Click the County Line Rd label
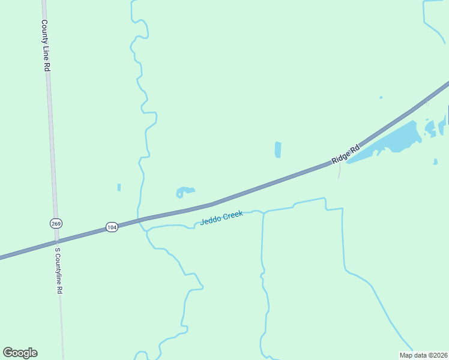45,46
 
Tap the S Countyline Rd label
58,271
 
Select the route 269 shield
55,223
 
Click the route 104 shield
112,227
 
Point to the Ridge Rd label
346,154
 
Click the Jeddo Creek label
221,217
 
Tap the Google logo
20,353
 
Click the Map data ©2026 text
423,355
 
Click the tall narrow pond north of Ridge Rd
278,149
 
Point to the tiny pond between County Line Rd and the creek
119,187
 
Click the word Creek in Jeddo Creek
233,215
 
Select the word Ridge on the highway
340,157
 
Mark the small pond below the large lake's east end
435,161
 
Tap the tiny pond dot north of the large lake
381,97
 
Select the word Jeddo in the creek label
211,220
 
